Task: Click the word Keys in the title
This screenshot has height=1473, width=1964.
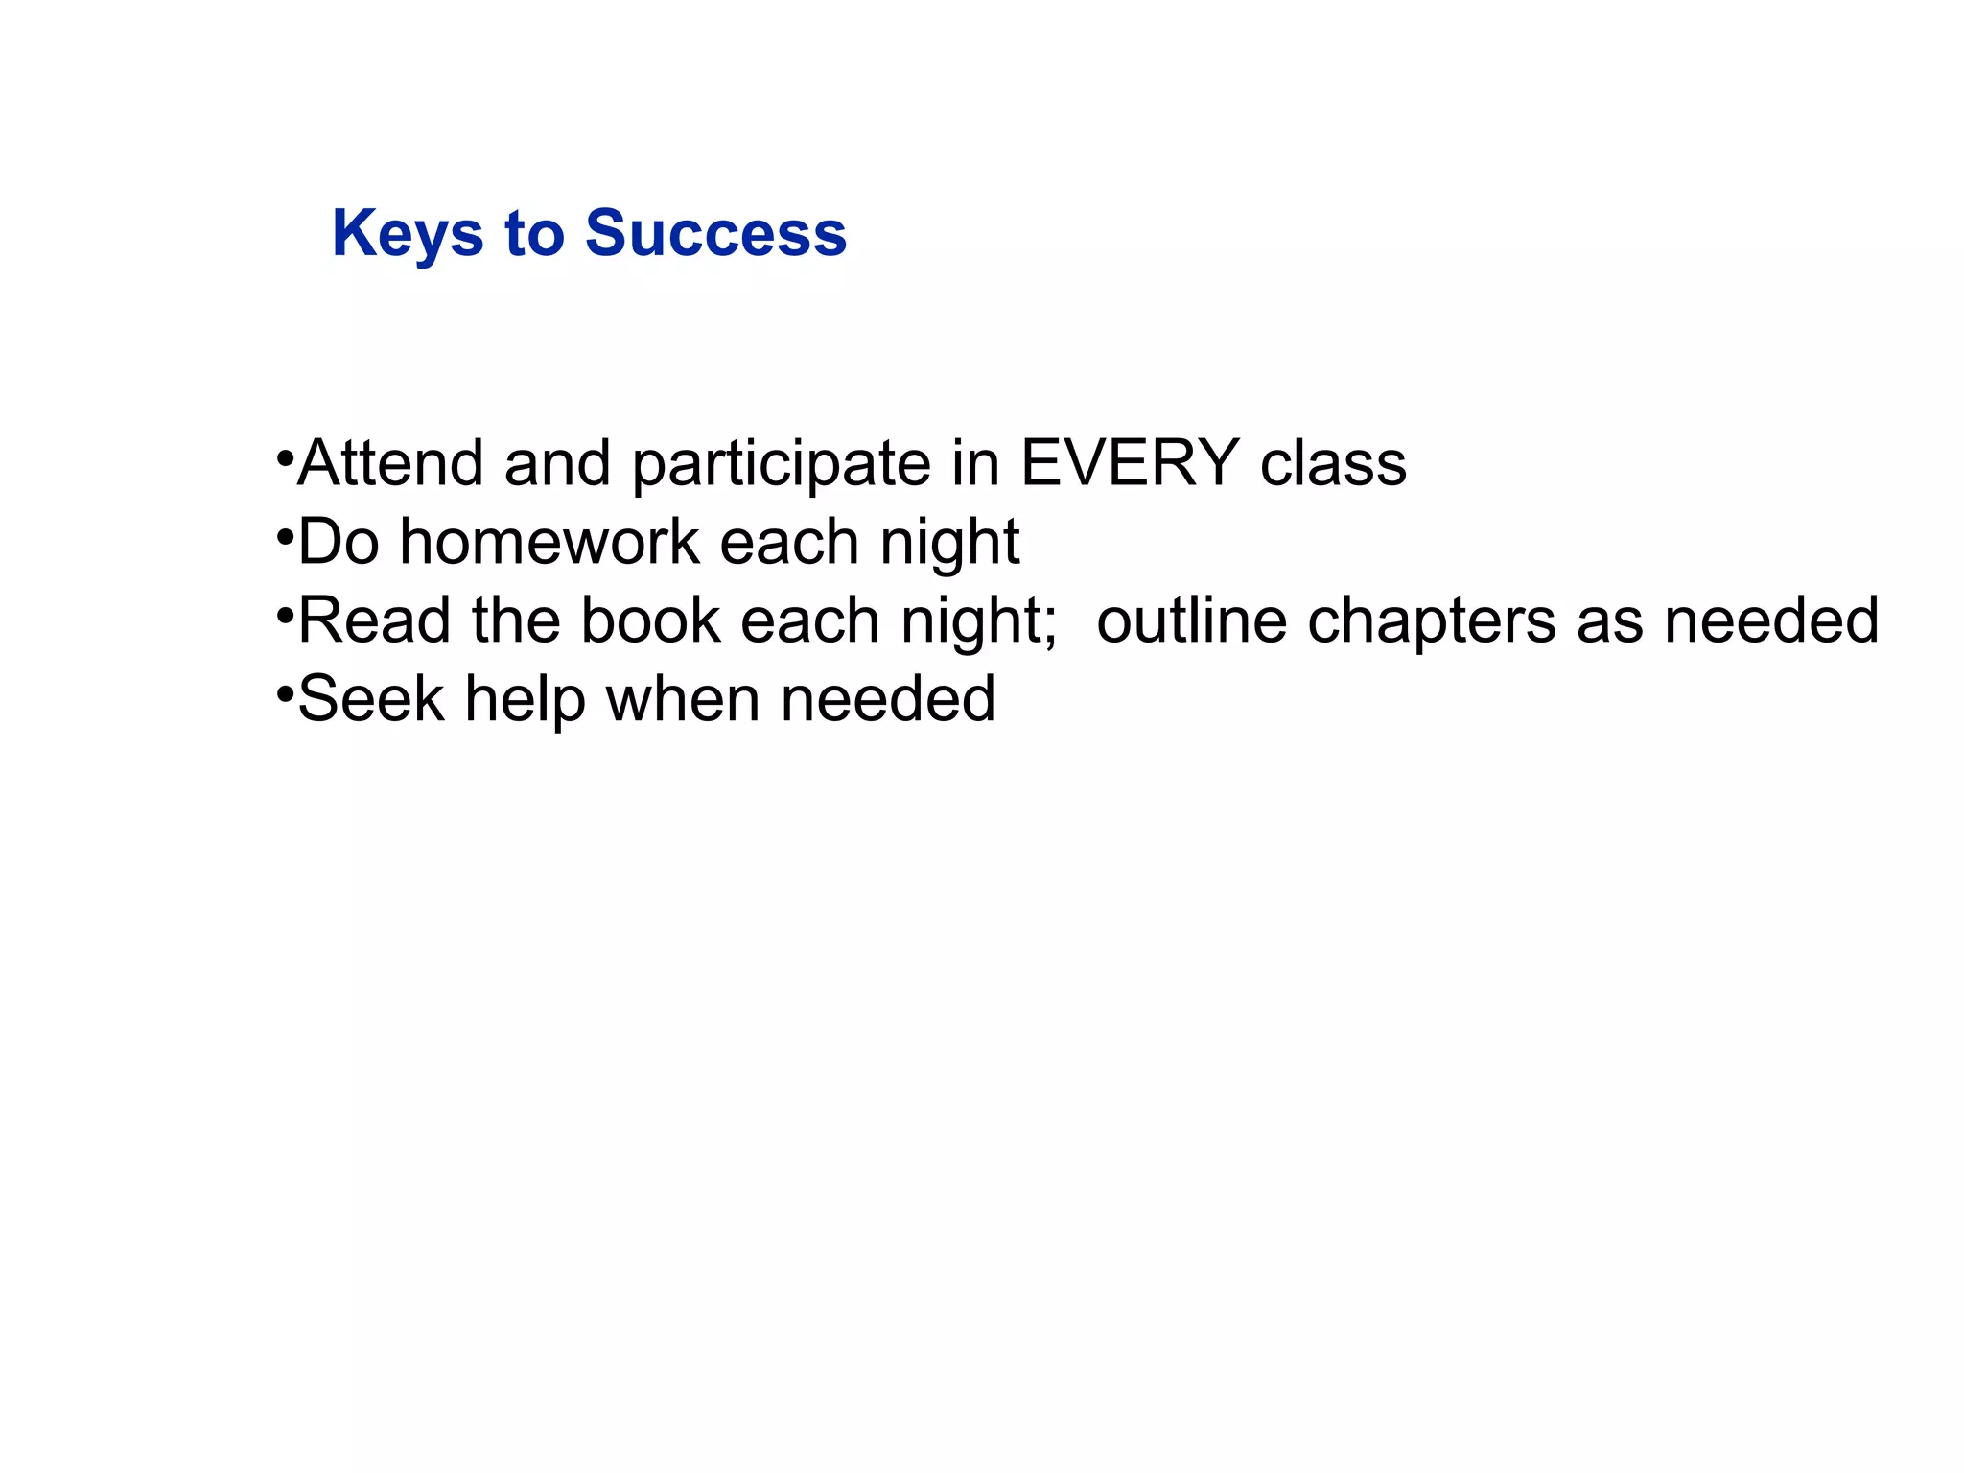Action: (408, 234)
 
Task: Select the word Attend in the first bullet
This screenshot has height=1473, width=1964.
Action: (390, 463)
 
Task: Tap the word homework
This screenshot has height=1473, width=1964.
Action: (549, 542)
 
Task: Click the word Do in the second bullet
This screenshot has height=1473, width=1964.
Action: (339, 542)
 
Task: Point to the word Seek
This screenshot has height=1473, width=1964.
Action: (371, 699)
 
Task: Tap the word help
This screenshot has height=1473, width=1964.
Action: (525, 699)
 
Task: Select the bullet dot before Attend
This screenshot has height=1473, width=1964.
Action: (284, 456)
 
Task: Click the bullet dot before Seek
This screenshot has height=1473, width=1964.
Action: (284, 691)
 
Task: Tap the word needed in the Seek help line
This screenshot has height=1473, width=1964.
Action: (888, 699)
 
